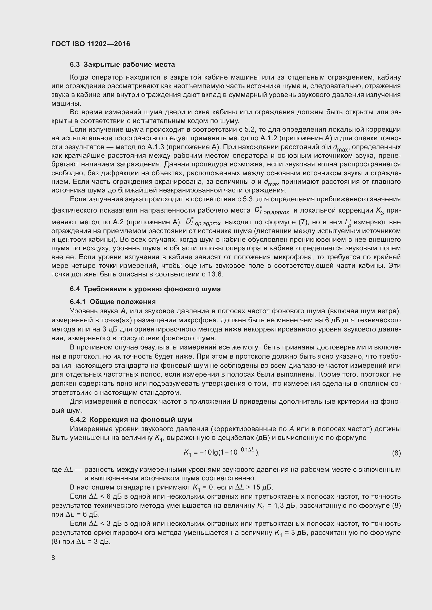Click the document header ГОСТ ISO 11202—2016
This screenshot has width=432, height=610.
(x=91, y=44)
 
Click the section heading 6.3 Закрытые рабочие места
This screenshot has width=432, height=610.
(x=122, y=65)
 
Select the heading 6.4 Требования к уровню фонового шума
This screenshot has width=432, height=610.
(x=145, y=289)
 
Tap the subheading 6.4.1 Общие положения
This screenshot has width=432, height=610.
(x=113, y=301)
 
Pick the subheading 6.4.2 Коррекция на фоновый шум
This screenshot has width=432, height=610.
(x=131, y=420)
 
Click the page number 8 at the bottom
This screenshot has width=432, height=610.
(x=53, y=558)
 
